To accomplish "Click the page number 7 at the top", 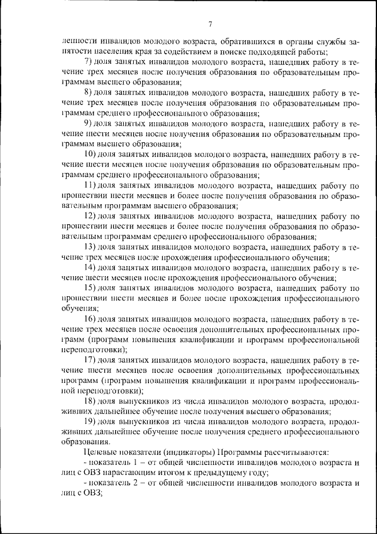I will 209,24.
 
